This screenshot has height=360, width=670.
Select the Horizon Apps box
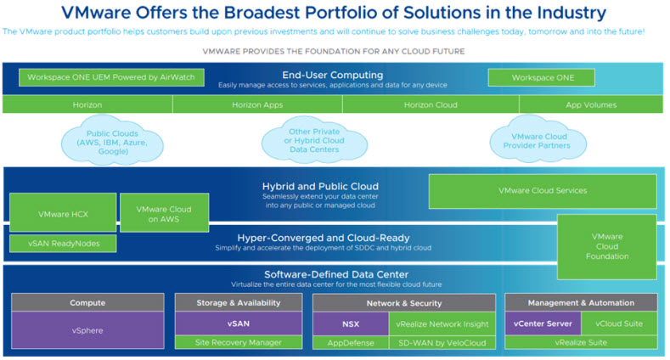(257, 104)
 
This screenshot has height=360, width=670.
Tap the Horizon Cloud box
(430, 104)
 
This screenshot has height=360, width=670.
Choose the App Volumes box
(591, 104)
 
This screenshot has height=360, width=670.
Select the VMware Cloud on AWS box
(164, 213)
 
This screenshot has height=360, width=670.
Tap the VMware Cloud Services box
(542, 191)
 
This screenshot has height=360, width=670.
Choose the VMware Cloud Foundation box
(606, 246)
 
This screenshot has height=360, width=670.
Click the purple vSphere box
(87, 330)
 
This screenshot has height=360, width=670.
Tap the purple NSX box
(350, 323)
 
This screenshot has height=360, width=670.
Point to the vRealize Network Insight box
(442, 323)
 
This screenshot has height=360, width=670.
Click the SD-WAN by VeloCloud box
(442, 342)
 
